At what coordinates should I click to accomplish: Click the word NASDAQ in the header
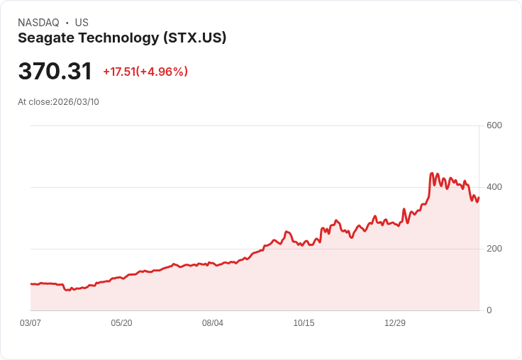[x=38, y=23]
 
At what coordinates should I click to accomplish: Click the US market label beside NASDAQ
[x=82, y=23]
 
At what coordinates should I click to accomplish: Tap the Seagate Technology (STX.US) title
[x=122, y=38]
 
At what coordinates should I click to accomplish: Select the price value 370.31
[x=55, y=72]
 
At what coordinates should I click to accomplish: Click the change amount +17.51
[x=119, y=72]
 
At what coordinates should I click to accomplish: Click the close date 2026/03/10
[x=76, y=102]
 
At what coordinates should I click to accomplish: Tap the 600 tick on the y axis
[x=494, y=126]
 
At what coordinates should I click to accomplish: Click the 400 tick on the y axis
[x=494, y=187]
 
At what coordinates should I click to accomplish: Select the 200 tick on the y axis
[x=494, y=249]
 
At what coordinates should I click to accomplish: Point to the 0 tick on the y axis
[x=489, y=310]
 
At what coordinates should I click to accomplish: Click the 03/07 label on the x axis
[x=30, y=323]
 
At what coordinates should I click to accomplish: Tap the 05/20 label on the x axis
[x=121, y=323]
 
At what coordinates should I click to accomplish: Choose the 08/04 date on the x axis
[x=213, y=323]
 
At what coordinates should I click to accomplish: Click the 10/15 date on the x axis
[x=304, y=323]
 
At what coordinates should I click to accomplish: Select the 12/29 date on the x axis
[x=395, y=323]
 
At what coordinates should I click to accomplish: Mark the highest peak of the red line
[x=432, y=173]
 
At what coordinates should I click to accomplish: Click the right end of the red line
[x=479, y=198]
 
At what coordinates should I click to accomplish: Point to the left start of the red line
[x=31, y=284]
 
